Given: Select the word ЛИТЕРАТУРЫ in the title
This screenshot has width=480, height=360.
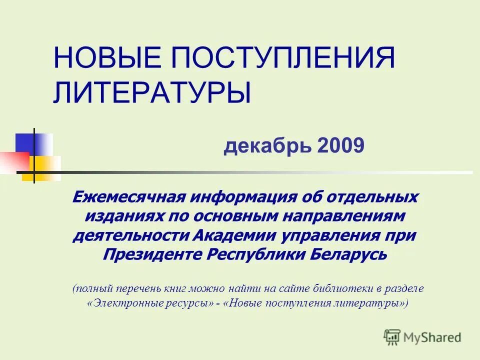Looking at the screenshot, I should pos(152,92).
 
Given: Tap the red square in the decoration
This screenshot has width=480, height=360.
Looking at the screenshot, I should pos(13,161).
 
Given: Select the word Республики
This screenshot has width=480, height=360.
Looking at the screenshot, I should pos(255,254).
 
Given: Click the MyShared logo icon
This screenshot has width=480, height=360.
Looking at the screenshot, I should pos(392,337).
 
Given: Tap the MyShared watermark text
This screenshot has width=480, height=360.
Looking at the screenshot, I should pos(432,337).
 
